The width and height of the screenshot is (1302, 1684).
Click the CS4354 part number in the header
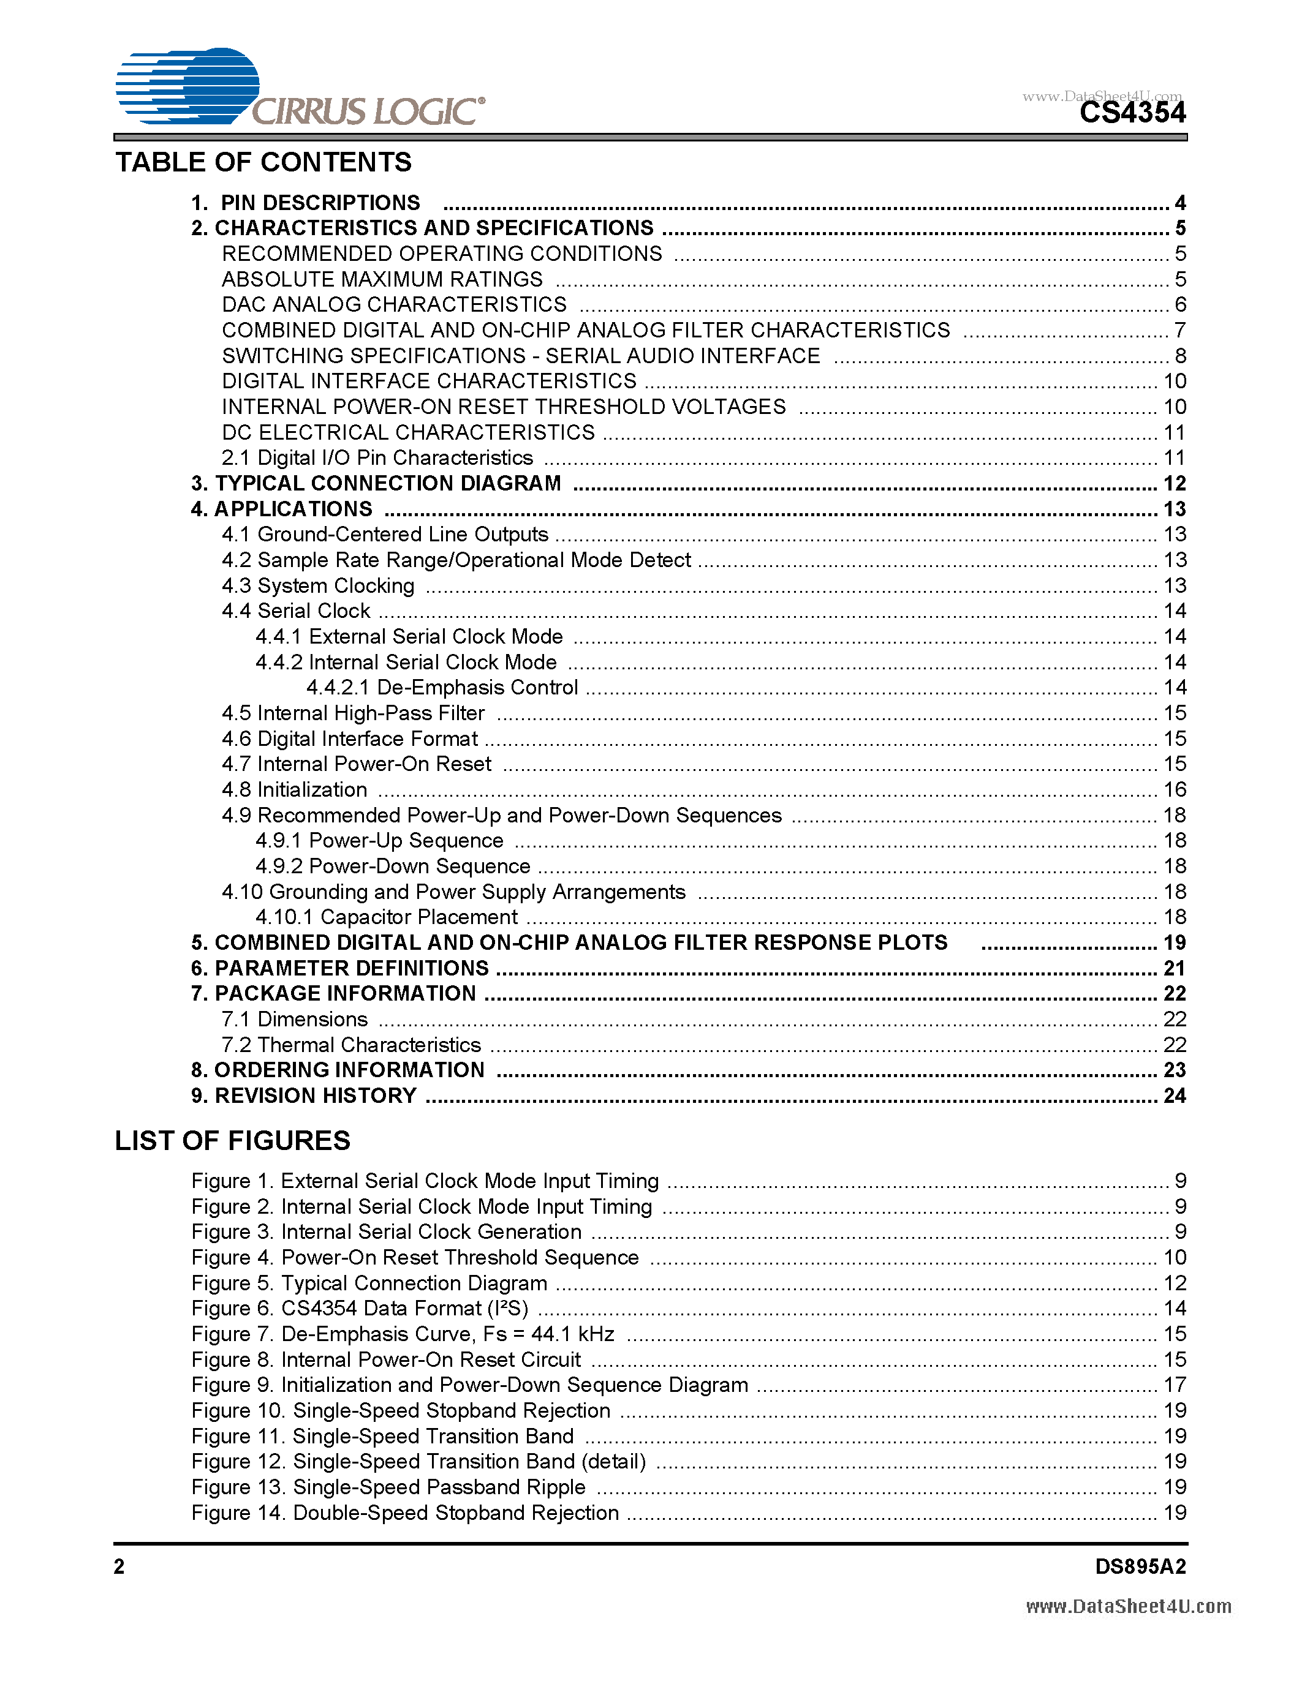[x=1132, y=113]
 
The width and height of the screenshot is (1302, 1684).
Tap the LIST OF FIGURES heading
[x=232, y=1140]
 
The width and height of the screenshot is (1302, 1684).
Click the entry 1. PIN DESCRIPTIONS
[x=306, y=203]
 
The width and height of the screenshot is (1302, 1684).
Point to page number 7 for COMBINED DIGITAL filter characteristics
[x=1179, y=330]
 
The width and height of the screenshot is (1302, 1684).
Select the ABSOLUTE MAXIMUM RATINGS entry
[x=382, y=279]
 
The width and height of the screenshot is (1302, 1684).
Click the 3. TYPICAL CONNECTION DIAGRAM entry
[x=376, y=483]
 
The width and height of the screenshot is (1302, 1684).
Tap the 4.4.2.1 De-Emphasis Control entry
[x=442, y=687]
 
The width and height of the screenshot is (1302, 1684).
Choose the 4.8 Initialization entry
[x=294, y=789]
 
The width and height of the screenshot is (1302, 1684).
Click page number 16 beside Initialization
[x=1174, y=789]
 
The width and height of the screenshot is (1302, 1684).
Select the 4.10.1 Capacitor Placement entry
[x=387, y=917]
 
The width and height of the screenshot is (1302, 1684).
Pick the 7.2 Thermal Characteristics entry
[x=351, y=1045]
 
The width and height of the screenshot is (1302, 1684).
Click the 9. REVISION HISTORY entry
[x=304, y=1096]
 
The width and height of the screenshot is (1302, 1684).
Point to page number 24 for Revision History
[x=1174, y=1096]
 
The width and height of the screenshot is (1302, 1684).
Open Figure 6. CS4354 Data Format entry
[x=360, y=1309]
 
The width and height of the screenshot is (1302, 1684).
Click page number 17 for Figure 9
[x=1174, y=1385]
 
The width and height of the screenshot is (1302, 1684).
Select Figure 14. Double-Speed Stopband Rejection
[x=405, y=1513]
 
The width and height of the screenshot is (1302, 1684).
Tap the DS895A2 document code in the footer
[x=1140, y=1566]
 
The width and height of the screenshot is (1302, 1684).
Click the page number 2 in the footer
[x=119, y=1566]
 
